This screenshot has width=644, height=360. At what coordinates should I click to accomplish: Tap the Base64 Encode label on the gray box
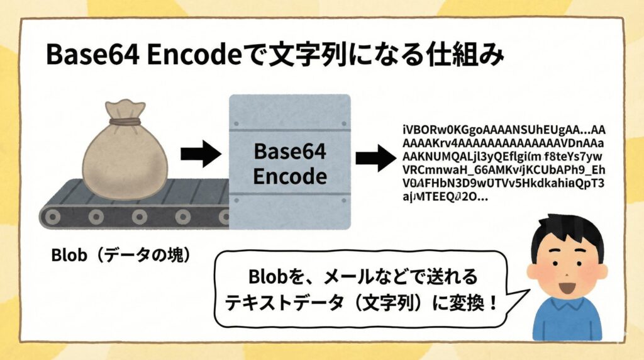(290, 164)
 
